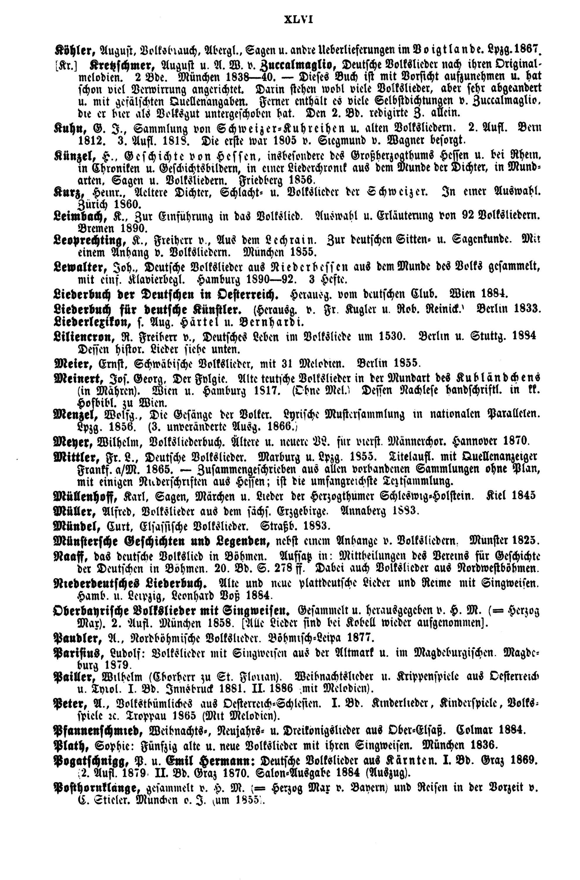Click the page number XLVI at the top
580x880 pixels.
[x=298, y=19]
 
